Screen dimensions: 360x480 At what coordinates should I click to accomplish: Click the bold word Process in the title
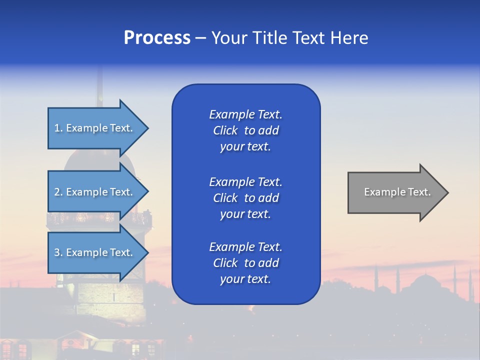(157, 38)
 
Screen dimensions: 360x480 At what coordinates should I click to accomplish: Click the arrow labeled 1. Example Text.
(95, 128)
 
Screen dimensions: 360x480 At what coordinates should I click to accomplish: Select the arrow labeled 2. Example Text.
(95, 192)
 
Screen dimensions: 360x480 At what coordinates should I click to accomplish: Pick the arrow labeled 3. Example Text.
(95, 252)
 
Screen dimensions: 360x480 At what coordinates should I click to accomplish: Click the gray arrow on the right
(395, 192)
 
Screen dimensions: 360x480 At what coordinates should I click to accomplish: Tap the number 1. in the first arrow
(58, 128)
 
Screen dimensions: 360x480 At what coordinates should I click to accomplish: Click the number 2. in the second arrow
(58, 192)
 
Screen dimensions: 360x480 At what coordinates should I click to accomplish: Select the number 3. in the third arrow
(58, 252)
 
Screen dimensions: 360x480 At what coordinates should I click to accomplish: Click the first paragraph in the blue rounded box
(245, 130)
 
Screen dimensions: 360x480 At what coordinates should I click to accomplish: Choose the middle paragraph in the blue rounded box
(245, 197)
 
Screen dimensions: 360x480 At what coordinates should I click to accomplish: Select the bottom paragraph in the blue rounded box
(245, 262)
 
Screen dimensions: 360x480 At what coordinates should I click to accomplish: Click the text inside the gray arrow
(397, 192)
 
